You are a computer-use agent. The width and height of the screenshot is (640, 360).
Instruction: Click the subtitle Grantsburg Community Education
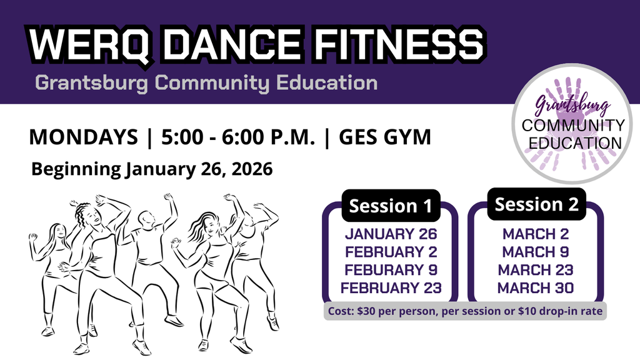206,82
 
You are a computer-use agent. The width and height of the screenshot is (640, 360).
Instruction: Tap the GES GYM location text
384,137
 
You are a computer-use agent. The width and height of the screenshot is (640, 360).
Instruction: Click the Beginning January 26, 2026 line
152,169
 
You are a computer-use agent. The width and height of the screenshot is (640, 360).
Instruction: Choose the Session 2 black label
537,204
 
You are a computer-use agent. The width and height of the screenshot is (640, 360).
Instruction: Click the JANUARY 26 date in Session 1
391,235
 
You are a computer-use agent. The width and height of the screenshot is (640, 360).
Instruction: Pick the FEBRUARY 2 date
391,252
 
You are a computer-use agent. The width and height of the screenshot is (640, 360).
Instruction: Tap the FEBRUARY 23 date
391,288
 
